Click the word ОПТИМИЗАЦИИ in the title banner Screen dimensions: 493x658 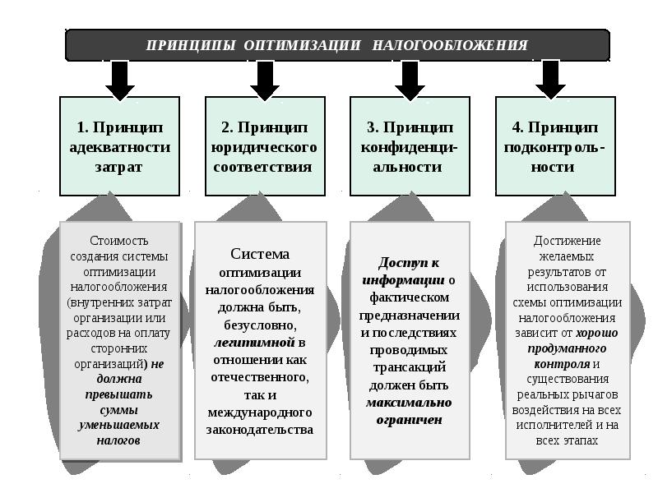(x=302, y=45)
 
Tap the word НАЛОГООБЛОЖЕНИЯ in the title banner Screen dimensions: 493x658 (x=450, y=45)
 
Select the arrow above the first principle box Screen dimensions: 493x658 (x=119, y=81)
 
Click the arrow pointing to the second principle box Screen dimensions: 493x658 (x=265, y=81)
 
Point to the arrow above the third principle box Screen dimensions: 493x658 (x=410, y=81)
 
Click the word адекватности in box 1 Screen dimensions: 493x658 (x=120, y=147)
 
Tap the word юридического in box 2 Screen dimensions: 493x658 (x=265, y=147)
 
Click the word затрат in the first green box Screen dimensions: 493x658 (x=120, y=167)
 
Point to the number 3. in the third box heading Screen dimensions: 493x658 (x=372, y=127)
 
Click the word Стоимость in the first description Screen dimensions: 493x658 (x=120, y=241)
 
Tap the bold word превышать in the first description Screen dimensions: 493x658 (x=120, y=394)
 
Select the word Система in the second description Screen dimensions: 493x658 (x=260, y=255)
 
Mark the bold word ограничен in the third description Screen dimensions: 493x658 (x=409, y=420)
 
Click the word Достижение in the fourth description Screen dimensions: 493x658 (x=568, y=241)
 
